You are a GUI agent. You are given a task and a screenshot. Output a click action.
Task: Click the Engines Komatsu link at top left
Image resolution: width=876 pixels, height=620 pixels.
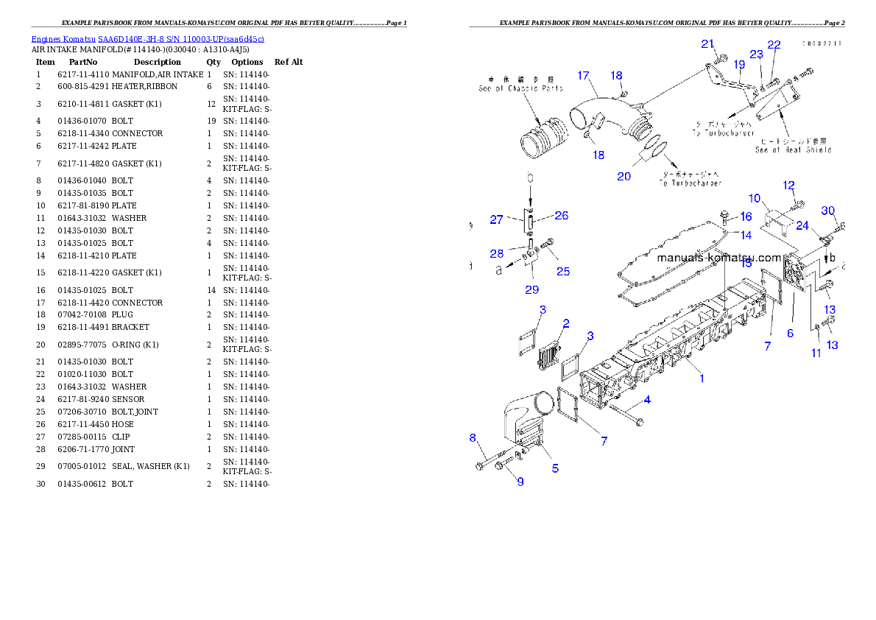point(147,39)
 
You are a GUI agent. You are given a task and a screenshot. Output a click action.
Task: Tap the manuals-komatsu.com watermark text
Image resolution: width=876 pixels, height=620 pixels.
point(718,258)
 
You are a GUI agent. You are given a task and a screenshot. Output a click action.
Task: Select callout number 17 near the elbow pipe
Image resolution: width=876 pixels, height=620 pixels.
point(583,75)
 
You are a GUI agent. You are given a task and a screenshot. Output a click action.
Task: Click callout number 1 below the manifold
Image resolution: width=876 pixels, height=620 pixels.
point(702,378)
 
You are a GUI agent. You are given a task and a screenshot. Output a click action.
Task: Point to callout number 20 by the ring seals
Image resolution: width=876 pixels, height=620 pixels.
point(624,177)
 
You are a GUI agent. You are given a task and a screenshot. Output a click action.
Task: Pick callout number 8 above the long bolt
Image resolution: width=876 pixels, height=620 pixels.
point(473,438)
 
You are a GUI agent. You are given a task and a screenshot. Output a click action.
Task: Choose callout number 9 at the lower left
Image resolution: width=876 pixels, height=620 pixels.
point(520,482)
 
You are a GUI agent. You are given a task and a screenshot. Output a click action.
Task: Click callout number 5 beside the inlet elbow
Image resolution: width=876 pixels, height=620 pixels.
point(554,469)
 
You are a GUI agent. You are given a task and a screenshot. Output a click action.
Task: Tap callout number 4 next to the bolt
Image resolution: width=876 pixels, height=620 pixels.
point(647,400)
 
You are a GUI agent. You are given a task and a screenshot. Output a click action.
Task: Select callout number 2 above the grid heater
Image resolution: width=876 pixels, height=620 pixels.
point(565,323)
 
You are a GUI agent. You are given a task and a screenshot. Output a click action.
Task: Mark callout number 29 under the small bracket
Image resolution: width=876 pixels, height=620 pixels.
point(531,289)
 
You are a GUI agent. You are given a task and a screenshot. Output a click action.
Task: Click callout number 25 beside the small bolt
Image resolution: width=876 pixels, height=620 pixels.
point(563,272)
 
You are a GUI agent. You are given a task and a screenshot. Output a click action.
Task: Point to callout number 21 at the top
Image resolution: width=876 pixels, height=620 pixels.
point(707,43)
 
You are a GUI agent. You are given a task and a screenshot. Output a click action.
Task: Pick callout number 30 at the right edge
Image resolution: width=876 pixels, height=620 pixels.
point(828,211)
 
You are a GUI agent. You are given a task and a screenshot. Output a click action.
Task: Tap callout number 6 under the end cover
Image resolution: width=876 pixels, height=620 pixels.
point(790,333)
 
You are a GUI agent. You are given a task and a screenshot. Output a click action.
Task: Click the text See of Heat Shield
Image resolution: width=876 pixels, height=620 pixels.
point(793,149)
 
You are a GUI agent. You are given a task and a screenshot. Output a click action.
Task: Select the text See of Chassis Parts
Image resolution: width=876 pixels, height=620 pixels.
point(520,88)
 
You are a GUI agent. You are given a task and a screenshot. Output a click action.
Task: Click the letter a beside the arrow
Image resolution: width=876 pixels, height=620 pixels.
point(499,270)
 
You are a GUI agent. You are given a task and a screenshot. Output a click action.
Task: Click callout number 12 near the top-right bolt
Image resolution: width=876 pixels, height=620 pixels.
point(788,186)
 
